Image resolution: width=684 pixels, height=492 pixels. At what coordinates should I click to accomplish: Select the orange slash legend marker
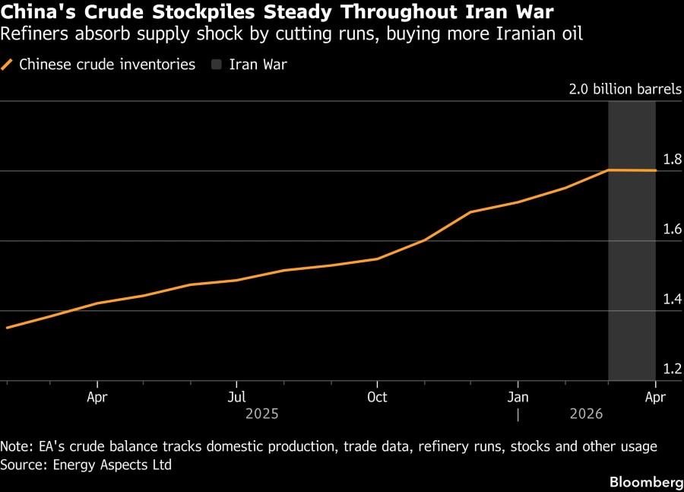[x=8, y=65]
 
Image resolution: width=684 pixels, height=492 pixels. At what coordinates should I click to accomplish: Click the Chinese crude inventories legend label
[x=106, y=65]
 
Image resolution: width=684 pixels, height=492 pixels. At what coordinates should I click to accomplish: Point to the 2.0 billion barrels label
[x=625, y=89]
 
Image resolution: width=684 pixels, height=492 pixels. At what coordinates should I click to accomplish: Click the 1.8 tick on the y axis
[x=672, y=160]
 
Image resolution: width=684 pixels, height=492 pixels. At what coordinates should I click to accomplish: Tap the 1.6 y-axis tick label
[x=672, y=230]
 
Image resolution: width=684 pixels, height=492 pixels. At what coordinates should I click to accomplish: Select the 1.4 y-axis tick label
[x=672, y=300]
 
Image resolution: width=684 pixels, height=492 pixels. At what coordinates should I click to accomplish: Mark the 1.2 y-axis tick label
[x=672, y=370]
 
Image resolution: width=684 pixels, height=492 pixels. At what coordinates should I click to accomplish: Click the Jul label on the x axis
[x=237, y=397]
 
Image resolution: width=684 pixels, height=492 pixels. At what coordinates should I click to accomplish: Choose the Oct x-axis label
[x=377, y=397]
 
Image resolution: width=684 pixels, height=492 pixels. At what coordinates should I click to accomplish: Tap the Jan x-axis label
[x=518, y=397]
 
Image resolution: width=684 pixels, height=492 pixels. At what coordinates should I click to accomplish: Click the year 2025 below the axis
[x=261, y=414]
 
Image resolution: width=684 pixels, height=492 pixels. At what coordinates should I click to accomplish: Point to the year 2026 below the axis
[x=585, y=414]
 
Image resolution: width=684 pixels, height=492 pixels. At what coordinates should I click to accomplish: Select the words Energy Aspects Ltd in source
[x=112, y=464]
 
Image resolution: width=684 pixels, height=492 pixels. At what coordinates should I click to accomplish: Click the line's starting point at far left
[x=7, y=328]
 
